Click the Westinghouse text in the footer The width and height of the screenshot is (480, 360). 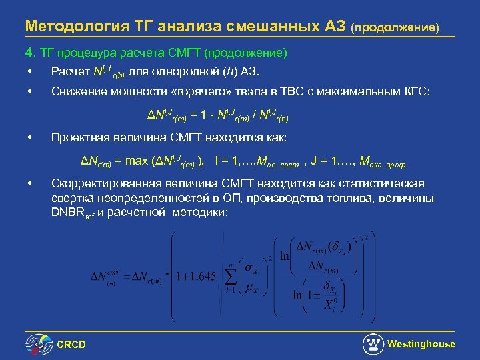point(421,344)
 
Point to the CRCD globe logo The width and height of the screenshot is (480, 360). point(39,344)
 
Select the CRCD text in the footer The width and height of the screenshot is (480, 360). point(71,345)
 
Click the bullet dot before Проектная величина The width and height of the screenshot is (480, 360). point(30,138)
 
